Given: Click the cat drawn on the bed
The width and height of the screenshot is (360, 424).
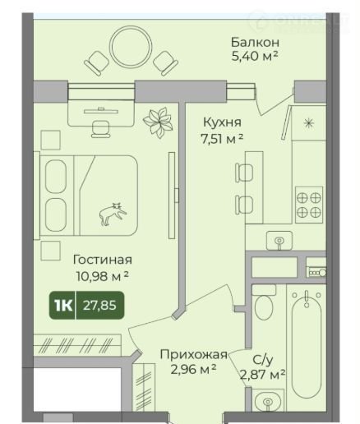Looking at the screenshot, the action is [x=113, y=214].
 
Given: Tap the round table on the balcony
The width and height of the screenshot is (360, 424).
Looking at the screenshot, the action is [x=131, y=47].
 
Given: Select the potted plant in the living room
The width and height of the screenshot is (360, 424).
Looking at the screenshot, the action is [x=158, y=122].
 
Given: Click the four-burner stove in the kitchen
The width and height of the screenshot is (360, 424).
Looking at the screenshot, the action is [x=309, y=205].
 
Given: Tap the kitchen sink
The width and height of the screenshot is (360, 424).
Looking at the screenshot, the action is [x=279, y=241].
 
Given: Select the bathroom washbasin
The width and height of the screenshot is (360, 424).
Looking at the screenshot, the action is [x=268, y=400].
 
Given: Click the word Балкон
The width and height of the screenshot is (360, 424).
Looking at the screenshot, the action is [x=255, y=43].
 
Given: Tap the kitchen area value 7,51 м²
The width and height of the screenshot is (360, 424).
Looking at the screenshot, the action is [x=222, y=139].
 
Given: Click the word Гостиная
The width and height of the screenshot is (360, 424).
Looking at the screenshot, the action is [x=103, y=260].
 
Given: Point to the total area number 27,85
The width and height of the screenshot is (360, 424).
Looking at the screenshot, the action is [x=99, y=305].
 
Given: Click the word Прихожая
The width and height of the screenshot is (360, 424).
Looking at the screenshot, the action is [x=194, y=354].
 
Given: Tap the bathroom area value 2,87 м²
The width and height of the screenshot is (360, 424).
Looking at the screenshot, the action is [x=263, y=374].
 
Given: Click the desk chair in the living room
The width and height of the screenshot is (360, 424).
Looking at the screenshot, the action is [x=101, y=129].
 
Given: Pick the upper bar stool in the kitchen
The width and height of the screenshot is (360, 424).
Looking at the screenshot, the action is [x=244, y=173].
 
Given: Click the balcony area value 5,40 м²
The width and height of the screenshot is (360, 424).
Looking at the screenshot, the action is [x=255, y=57].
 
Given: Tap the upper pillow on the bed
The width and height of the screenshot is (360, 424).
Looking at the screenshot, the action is [x=56, y=177].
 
